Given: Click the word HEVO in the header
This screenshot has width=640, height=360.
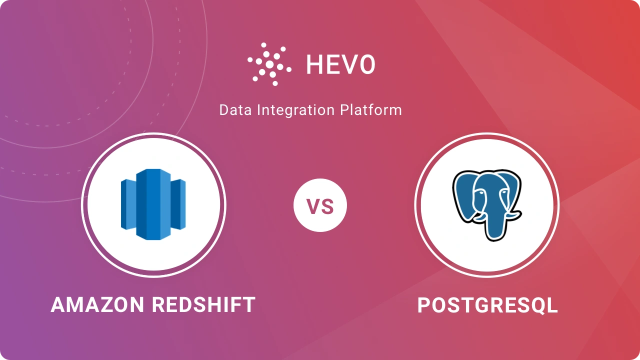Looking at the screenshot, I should (340, 65).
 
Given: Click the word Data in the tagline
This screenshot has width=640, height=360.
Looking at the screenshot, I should (235, 110).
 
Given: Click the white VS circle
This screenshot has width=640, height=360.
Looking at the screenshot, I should (320, 206).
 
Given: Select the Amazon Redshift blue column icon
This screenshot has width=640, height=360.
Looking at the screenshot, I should (153, 204).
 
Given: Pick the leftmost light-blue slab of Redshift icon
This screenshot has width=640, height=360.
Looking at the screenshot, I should (128, 204).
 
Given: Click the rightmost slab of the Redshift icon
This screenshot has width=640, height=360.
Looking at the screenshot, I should (179, 204).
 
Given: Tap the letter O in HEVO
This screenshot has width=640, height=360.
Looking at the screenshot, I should (366, 65).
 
